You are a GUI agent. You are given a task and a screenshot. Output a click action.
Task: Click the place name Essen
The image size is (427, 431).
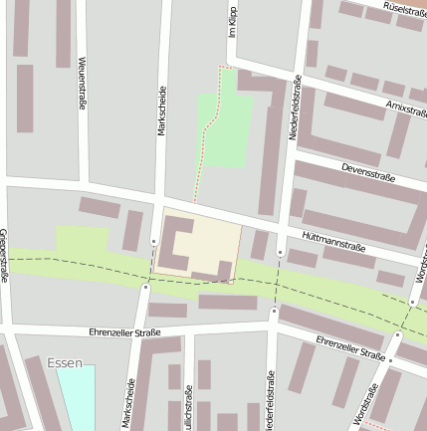pyautogui.click(x=65, y=363)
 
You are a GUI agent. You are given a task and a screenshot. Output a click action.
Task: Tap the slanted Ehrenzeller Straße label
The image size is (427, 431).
pyautogui.click(x=350, y=347)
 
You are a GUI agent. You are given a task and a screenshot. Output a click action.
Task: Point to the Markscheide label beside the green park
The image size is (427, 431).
pyautogui.click(x=161, y=109)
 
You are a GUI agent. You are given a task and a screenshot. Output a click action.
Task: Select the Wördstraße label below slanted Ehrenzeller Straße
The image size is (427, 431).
pyautogui.click(x=366, y=406)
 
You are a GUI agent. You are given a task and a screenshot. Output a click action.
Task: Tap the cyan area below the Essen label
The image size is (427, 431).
pyautogui.click(x=76, y=397)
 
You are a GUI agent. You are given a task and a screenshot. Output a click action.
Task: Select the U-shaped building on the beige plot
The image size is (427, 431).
pyautogui.click(x=177, y=240)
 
